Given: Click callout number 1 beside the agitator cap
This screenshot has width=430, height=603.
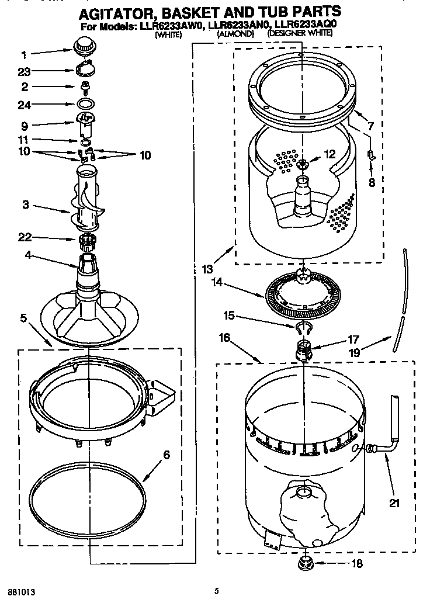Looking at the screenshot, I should pos(24,56).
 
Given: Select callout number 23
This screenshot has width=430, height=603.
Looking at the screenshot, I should pos(24,72).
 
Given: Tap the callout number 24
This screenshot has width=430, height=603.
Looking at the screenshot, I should pos(24,105).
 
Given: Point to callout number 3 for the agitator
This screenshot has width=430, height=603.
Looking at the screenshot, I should pos(24,205).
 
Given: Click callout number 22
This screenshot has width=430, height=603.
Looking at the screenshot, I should pos(24,237).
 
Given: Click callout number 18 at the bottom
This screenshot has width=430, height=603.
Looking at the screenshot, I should pos(356,564).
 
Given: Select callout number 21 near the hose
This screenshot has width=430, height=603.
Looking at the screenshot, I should pos(395,502).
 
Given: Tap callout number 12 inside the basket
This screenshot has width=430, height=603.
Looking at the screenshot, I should pos(330,154).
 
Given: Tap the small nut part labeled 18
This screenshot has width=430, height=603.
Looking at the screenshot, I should pos(305,562).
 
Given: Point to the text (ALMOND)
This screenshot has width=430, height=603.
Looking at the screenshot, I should pos(235,34).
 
